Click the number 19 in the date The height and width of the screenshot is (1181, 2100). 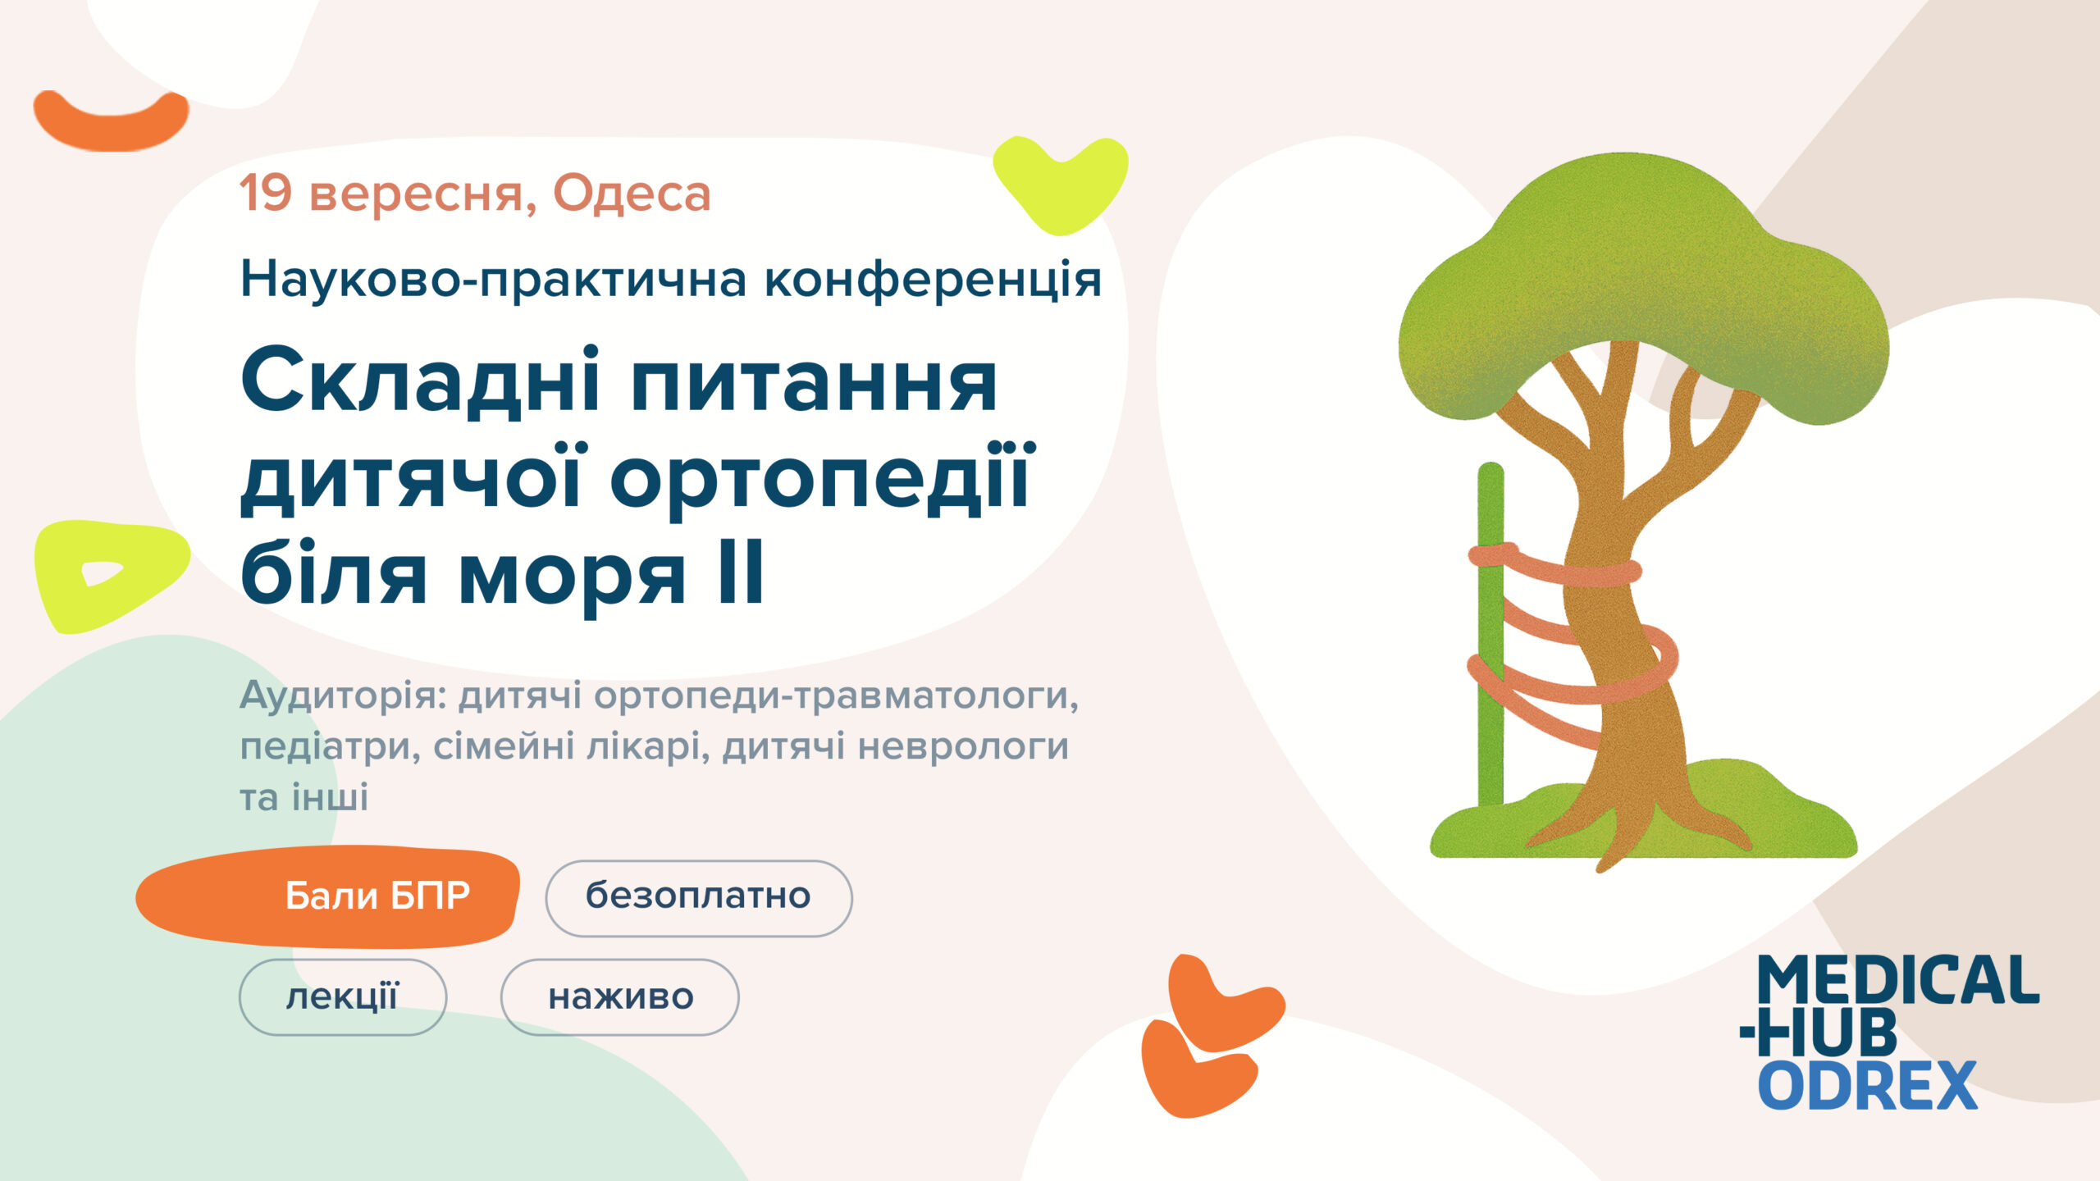pyautogui.click(x=266, y=194)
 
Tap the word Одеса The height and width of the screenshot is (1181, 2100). pyautogui.click(x=632, y=194)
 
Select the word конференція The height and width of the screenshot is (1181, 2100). pyautogui.click(x=933, y=280)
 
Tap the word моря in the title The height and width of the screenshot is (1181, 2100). pyautogui.click(x=571, y=578)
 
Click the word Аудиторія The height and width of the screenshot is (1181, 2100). pyautogui.click(x=342, y=697)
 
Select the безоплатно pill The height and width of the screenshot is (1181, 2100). pyautogui.click(x=699, y=898)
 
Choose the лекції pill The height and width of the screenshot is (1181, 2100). pyautogui.click(x=343, y=997)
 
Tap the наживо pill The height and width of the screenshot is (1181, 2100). pyautogui.click(x=620, y=997)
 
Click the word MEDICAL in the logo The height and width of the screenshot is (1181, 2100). pyautogui.click(x=1897, y=980)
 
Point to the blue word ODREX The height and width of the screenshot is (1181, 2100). pyautogui.click(x=1868, y=1085)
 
